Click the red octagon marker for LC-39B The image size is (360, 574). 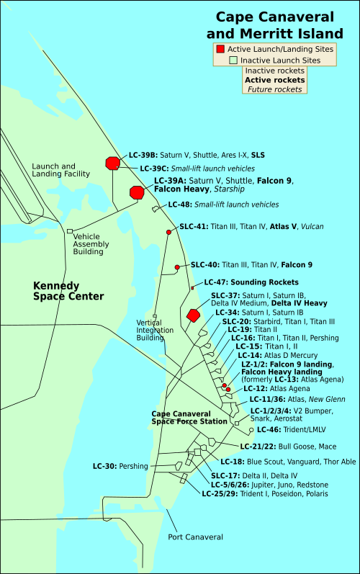[x=112, y=163]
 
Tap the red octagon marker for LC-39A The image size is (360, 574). [x=137, y=192]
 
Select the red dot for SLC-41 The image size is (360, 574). [x=168, y=232]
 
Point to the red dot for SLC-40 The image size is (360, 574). [x=177, y=268]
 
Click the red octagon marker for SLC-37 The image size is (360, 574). [x=193, y=315]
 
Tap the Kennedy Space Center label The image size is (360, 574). [x=68, y=291]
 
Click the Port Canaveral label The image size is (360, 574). [x=196, y=537]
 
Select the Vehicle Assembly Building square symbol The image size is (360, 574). [x=70, y=231]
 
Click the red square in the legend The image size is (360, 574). [x=220, y=48]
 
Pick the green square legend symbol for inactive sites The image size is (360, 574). [x=233, y=60]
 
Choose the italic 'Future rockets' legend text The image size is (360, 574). [x=274, y=89]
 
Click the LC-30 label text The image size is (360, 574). [x=104, y=466]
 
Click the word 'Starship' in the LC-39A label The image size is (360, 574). [x=228, y=189]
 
